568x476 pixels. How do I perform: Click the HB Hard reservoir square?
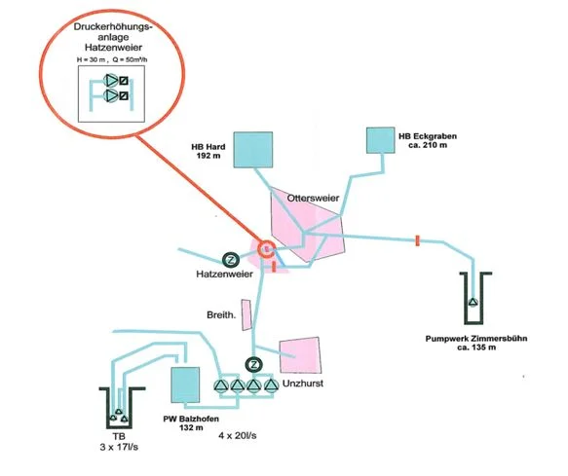point(253,150)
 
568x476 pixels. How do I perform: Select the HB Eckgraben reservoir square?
point(380,140)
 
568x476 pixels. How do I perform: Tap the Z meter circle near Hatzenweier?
point(231,260)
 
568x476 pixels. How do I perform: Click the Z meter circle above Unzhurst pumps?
point(254,364)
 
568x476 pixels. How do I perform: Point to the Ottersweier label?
point(313,198)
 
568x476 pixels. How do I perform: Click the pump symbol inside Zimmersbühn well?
point(473,302)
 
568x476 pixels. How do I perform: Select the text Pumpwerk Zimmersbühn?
point(476,339)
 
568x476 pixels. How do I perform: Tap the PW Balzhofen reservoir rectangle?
point(185,384)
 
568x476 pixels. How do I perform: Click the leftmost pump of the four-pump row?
point(220,386)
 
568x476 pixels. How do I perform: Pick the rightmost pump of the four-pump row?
point(270,386)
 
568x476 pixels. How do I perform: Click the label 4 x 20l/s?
point(238,435)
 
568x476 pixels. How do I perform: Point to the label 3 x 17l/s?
point(119,447)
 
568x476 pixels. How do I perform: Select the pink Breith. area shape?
point(246,314)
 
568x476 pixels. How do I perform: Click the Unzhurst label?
point(303,384)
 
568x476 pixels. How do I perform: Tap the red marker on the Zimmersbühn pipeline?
point(417,240)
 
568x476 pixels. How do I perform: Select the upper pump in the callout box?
point(110,80)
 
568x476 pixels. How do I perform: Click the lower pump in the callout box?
point(110,96)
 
